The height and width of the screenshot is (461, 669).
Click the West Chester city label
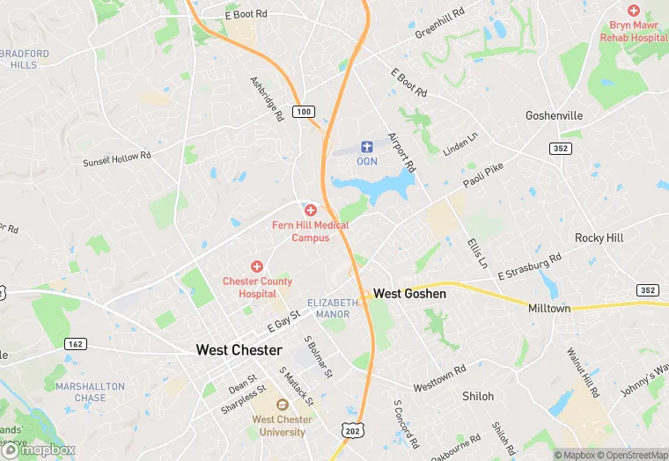tap(239, 350)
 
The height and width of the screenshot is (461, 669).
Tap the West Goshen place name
tap(409, 294)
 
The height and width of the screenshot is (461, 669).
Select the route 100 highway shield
tap(304, 112)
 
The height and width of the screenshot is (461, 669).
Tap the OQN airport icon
tap(367, 145)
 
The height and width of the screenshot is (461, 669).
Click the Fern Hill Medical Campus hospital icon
tap(310, 210)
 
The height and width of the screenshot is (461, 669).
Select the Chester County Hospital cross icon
tap(257, 266)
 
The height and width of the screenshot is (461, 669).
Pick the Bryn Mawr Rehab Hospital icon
tap(633, 10)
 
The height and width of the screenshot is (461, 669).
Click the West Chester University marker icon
tap(282, 405)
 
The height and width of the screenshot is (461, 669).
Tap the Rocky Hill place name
tap(599, 238)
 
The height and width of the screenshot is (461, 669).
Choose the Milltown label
tap(549, 309)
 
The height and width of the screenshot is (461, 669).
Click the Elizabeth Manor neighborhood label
tap(334, 308)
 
